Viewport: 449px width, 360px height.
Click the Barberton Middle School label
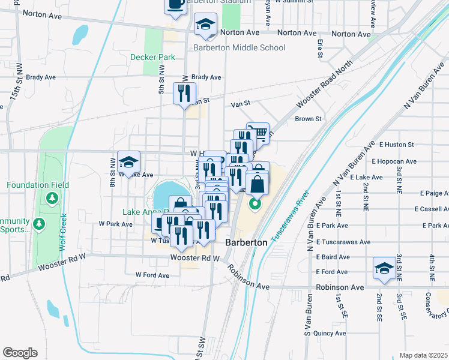[239, 47]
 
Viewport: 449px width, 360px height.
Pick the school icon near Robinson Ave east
[384, 269]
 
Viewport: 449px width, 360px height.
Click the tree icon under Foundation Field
[53, 197]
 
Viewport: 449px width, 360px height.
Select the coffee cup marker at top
[175, 5]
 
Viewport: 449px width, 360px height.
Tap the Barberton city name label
[246, 242]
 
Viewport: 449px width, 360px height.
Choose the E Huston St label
[396, 145]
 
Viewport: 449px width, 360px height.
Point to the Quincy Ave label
[330, 333]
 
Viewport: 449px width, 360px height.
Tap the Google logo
[20, 353]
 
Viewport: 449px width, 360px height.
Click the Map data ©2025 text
[423, 355]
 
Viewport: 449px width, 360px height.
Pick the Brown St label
[308, 119]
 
